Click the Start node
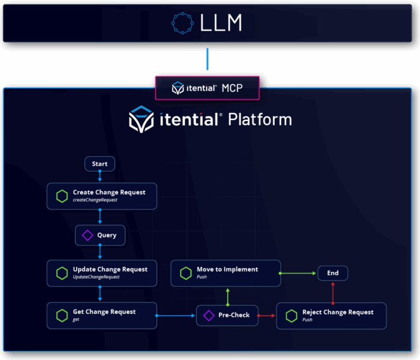tap(100, 163)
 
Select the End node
tap(332, 273)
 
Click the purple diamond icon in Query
tap(87, 236)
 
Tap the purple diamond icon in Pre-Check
tap(209, 315)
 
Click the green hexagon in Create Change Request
tap(62, 196)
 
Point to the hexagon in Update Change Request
tap(62, 273)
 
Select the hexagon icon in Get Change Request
tap(62, 315)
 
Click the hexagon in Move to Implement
tap(185, 273)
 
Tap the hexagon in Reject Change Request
tap(291, 315)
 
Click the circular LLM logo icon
tap(182, 23)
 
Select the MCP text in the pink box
tap(233, 88)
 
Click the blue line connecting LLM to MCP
tap(208, 59)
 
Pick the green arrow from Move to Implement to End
tap(298, 273)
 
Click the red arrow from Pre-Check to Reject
tap(267, 315)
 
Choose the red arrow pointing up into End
tap(333, 292)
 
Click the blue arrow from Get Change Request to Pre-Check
tap(176, 315)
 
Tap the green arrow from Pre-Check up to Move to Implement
tap(227, 296)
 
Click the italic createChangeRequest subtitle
tap(95, 200)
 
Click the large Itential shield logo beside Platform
tap(142, 119)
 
